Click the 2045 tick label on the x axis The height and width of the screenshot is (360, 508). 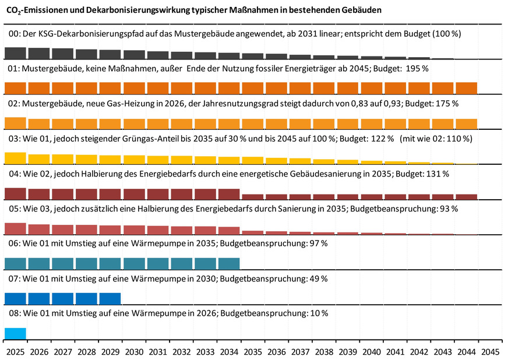(x=491, y=352)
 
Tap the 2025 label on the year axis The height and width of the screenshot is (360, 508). (x=15, y=352)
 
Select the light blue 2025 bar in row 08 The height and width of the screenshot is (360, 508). (x=15, y=334)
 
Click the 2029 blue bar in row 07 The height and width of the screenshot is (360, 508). (x=110, y=299)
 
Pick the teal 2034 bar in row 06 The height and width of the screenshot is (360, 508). (x=229, y=263)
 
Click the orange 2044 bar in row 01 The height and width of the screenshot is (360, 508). (x=467, y=88)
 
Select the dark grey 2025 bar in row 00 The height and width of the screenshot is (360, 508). (x=15, y=54)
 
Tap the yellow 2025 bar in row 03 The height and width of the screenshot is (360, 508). (x=15, y=158)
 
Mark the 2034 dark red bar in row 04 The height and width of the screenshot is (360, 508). (x=229, y=194)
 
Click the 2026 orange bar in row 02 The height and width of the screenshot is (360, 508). (x=39, y=124)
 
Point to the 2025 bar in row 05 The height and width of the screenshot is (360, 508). (x=15, y=228)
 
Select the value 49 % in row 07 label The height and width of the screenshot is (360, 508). (x=317, y=278)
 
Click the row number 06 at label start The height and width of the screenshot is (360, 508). (x=13, y=243)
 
